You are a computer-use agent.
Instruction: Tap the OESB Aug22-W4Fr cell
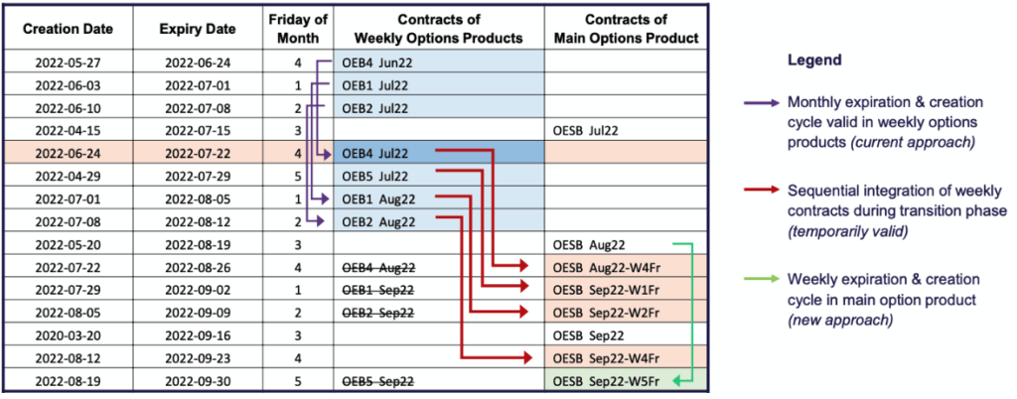[x=611, y=267]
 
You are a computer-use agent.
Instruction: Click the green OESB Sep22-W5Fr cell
[x=611, y=381]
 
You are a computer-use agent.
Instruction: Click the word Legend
[x=813, y=61]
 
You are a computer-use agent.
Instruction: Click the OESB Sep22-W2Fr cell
[x=611, y=313]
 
